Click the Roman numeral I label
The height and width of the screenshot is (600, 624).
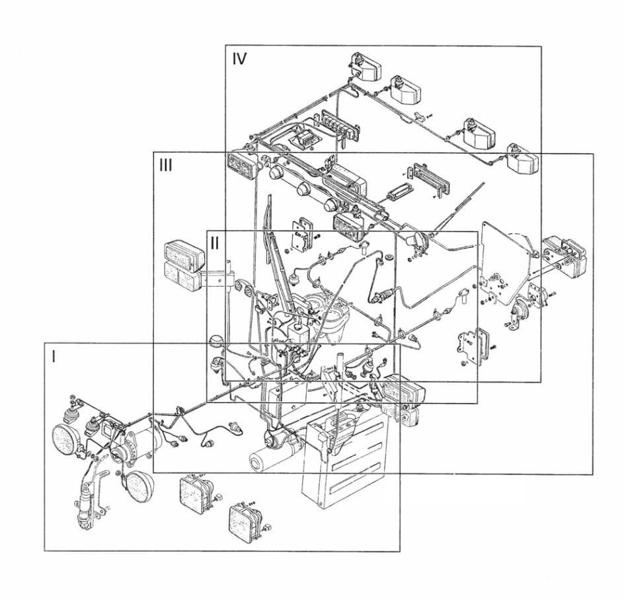[54, 356]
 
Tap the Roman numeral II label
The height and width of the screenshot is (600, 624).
[214, 243]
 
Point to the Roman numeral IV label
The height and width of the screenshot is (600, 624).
[239, 59]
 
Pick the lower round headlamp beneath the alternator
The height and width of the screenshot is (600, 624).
[140, 486]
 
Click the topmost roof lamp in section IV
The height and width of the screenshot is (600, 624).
[366, 66]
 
